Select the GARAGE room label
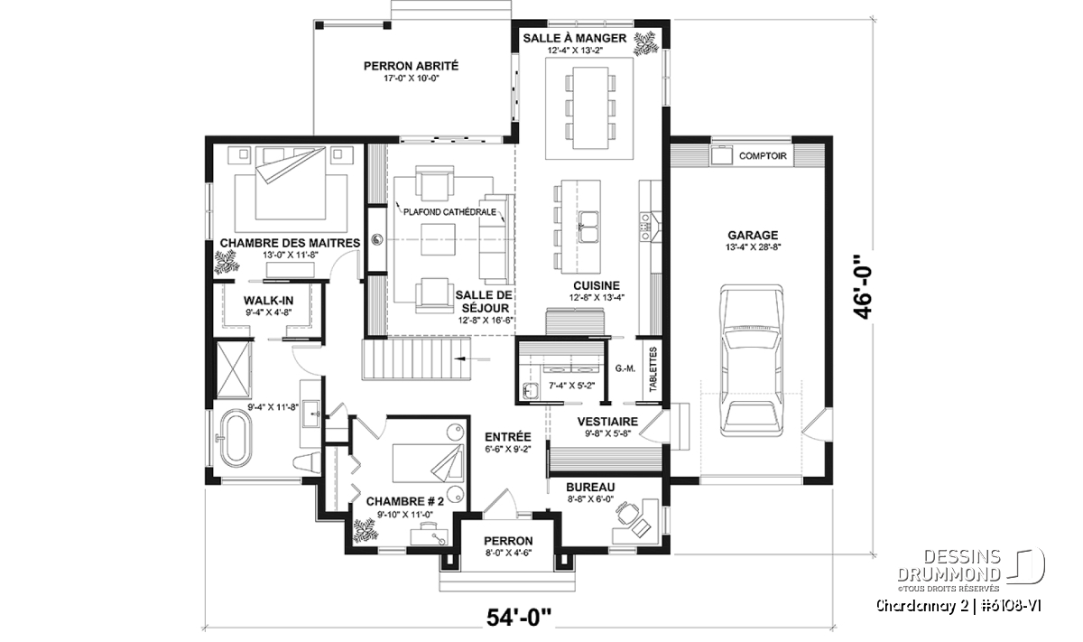753,235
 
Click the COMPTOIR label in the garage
763,156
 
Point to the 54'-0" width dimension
519,618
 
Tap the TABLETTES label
653,369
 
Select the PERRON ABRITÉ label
411,66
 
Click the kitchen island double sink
588,227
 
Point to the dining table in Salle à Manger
590,107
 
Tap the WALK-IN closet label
268,301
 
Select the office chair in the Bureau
627,514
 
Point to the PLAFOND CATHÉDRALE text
449,212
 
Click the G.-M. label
625,368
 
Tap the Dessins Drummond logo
971,566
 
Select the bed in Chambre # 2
428,463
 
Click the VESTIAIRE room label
607,422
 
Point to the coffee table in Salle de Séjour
438,239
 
